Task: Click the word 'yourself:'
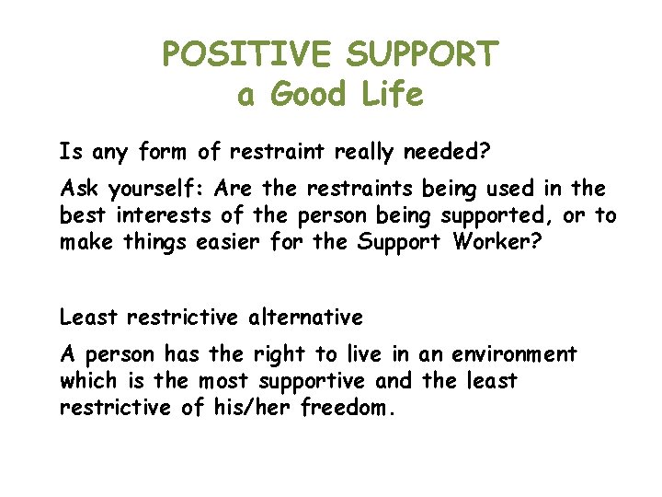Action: [158, 190]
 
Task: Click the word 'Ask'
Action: [80, 190]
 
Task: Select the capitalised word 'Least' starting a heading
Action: [88, 318]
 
